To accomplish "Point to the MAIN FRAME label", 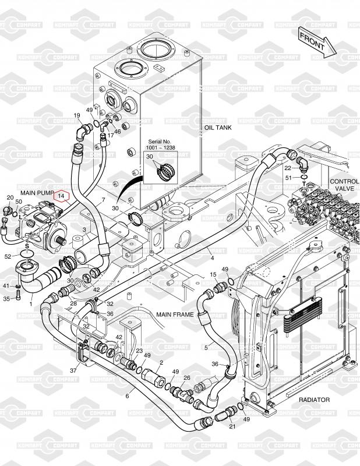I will coord(175,314).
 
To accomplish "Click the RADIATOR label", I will coord(314,400).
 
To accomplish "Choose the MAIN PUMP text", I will coord(37,192).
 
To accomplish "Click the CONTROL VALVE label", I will coord(344,185).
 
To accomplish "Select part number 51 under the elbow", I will coord(288,177).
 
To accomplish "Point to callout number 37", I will coord(74,370).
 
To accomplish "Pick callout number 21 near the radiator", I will coord(232,428).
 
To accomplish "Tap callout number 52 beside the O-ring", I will coord(8,256).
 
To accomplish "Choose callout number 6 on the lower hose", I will coord(127,396).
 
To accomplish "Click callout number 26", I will coord(187,377).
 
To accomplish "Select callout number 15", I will coord(213,274).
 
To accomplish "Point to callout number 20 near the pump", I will coord(10,197).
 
